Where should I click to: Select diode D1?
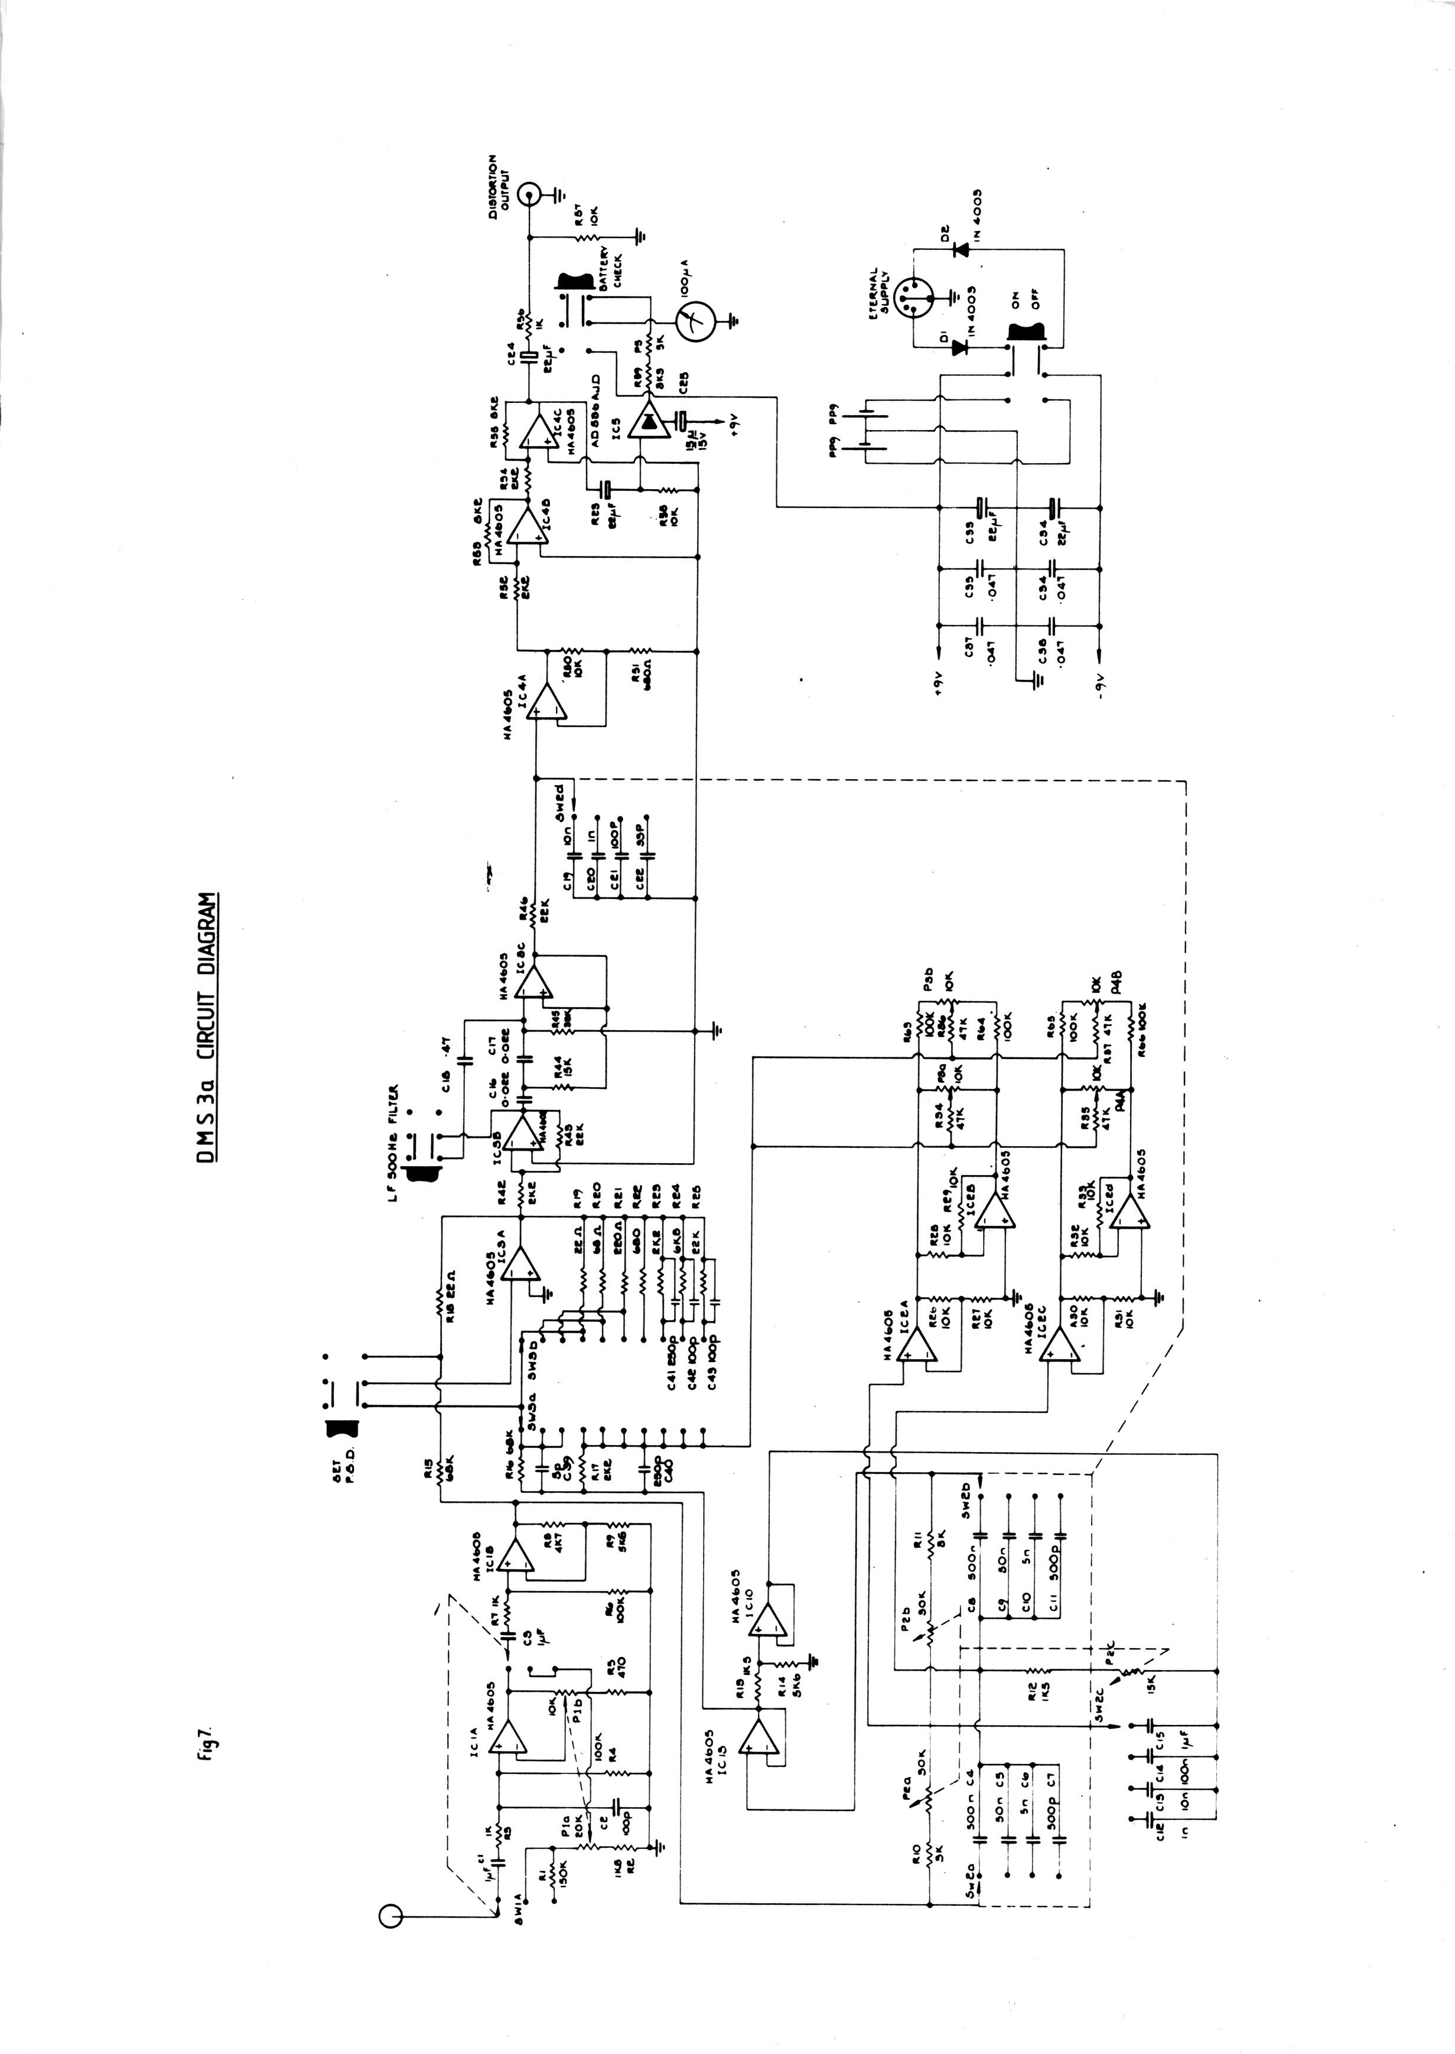(x=961, y=347)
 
